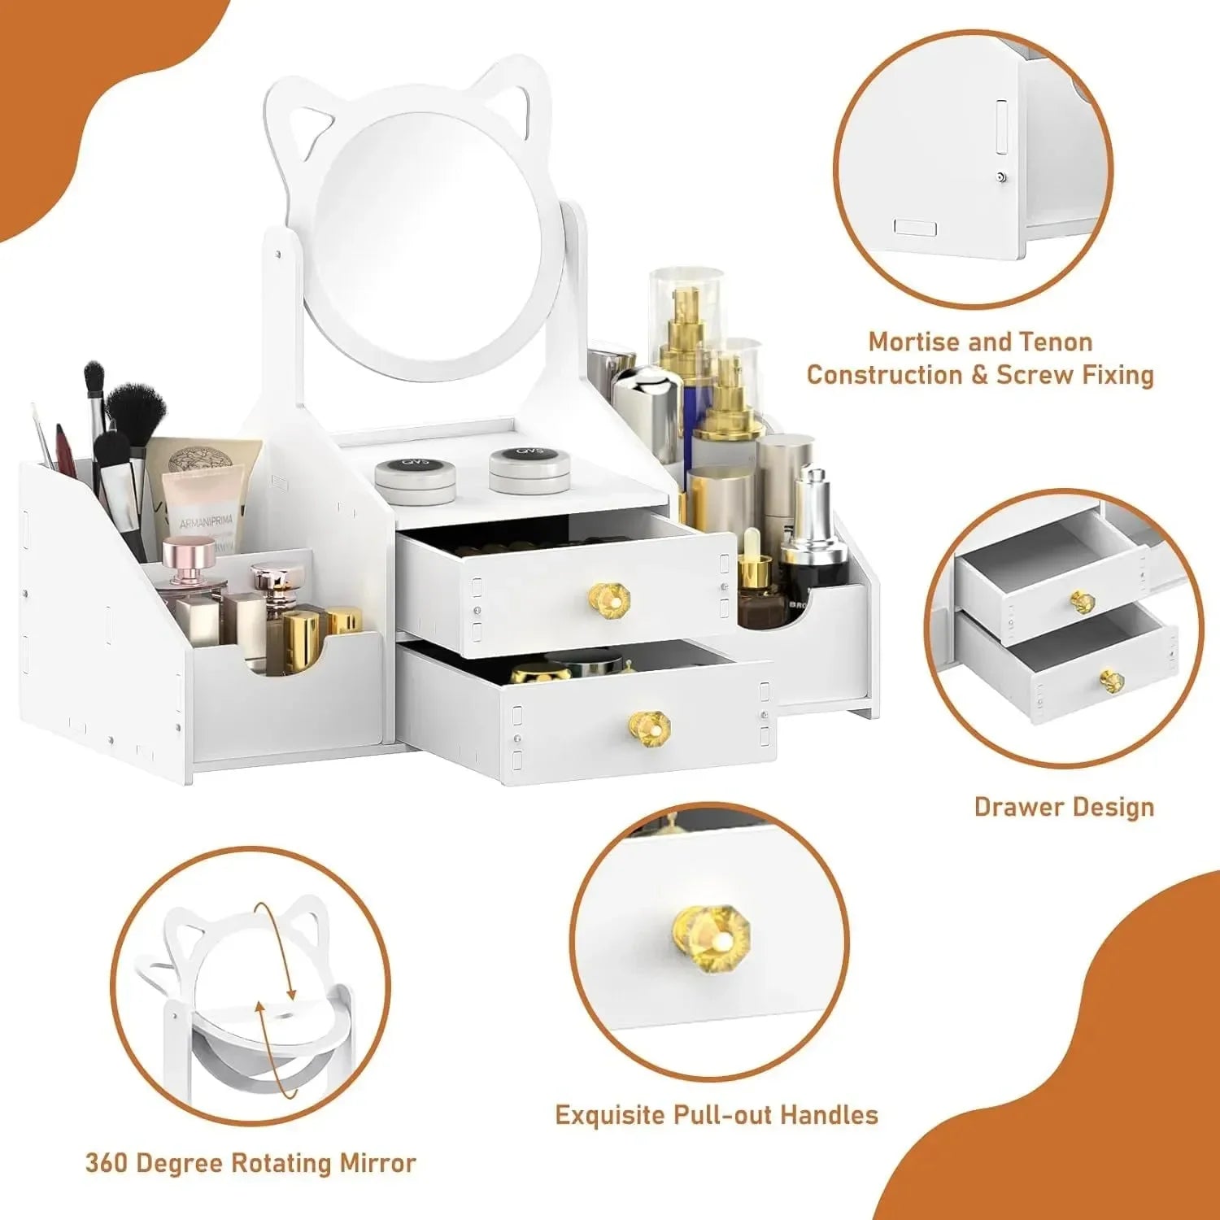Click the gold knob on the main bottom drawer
(x=649, y=724)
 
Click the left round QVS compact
(x=416, y=475)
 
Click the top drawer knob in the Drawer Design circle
(x=1083, y=602)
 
